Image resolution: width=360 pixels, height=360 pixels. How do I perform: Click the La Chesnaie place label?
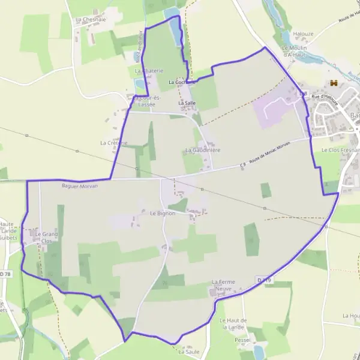(87, 19)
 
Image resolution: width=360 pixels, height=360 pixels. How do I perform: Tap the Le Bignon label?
(163, 213)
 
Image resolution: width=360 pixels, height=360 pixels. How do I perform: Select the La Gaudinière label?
(203, 149)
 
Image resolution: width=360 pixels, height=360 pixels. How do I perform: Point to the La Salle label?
(187, 103)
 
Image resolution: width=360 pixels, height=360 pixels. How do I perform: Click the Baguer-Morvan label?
(79, 186)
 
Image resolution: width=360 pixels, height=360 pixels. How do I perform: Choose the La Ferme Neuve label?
(221, 285)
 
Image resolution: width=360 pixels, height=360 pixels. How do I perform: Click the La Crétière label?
(114, 143)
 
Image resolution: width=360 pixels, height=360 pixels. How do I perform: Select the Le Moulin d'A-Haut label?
(295, 52)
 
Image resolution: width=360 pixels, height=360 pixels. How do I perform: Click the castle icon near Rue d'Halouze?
(332, 83)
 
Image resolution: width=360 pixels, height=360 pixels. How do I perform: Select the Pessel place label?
(243, 340)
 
